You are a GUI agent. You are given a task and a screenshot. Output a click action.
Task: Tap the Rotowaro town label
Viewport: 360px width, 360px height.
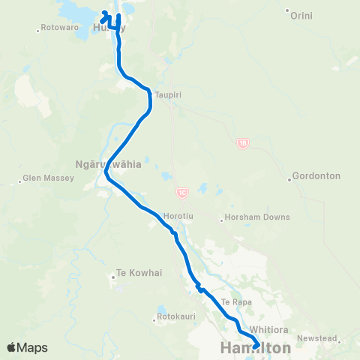coord(61,27)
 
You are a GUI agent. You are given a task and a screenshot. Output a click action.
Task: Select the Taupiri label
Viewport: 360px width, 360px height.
coord(169,94)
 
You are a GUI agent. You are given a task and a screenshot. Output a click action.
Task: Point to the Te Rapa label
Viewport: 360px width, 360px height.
coord(235,301)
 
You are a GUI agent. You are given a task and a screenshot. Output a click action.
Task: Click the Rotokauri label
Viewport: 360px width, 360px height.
coord(178,316)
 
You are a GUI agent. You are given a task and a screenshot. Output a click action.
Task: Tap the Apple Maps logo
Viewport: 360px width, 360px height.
coord(28,347)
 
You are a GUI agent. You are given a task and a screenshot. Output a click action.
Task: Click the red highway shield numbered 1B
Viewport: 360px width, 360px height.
coord(242,142)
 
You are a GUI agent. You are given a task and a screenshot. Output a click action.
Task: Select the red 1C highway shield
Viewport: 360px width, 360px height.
coord(182,193)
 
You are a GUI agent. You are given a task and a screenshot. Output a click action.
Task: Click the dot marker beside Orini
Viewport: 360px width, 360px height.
coord(287,10)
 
